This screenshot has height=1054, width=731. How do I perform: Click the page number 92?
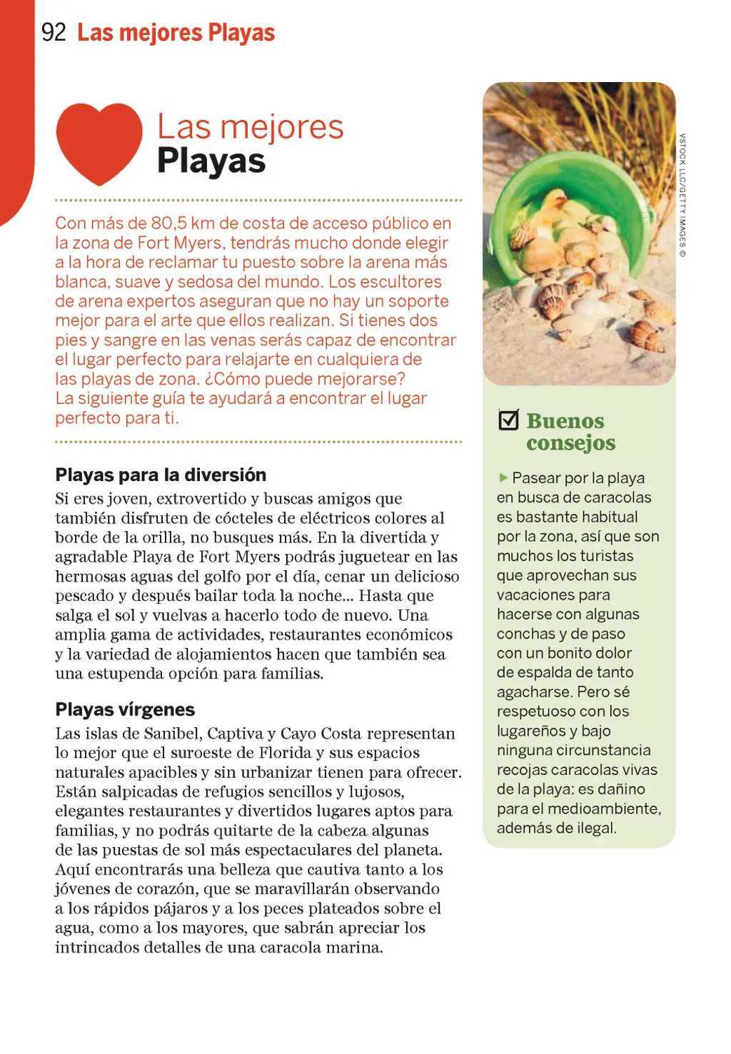[x=54, y=33]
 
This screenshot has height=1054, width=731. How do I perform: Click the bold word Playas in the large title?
[x=211, y=161]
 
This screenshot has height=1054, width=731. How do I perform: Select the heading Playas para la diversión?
[x=161, y=475]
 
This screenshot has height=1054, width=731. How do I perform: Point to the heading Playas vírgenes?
[x=125, y=710]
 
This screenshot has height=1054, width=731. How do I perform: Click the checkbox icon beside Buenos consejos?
[x=509, y=420]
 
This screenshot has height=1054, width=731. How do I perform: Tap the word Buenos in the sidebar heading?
[x=565, y=421]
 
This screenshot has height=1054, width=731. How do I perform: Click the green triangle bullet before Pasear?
[x=503, y=477]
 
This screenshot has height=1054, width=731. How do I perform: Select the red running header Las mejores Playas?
[x=176, y=33]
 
